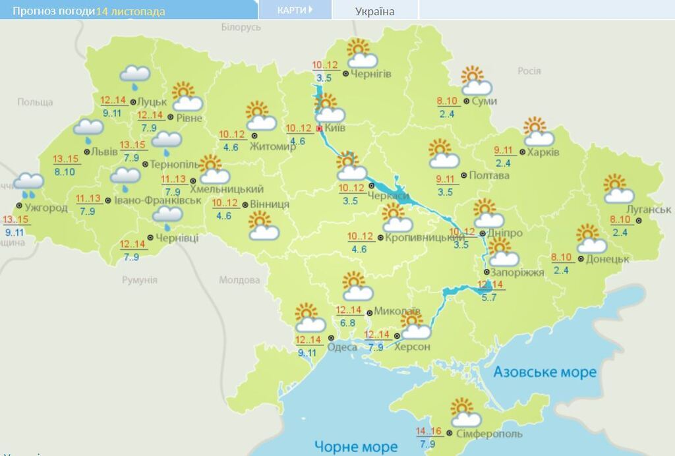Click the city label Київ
click(x=336, y=128)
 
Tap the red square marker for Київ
click(x=320, y=128)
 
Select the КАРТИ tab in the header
click(x=294, y=10)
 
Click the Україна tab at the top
click(x=374, y=11)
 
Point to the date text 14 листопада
click(x=131, y=11)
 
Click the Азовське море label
click(x=545, y=372)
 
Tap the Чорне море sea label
click(x=356, y=447)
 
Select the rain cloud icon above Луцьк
click(x=136, y=77)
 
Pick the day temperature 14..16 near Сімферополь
click(x=428, y=432)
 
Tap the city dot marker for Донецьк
click(x=581, y=260)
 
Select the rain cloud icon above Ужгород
click(x=29, y=185)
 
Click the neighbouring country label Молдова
click(x=239, y=280)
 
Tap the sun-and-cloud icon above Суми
click(x=476, y=80)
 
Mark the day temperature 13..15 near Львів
click(x=66, y=159)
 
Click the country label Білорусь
click(x=241, y=27)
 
